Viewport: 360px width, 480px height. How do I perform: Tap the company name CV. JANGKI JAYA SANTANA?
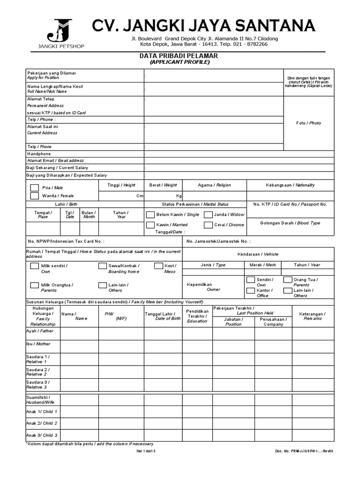pos(203,25)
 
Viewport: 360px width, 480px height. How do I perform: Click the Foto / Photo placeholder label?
pos(309,123)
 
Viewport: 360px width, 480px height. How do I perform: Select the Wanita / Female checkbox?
pos(35,196)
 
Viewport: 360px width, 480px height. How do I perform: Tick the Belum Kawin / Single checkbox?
pos(150,215)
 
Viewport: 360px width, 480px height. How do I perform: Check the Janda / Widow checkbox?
pos(208,215)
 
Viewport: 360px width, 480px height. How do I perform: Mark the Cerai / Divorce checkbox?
pos(208,225)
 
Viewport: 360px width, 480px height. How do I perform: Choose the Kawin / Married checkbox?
pos(150,225)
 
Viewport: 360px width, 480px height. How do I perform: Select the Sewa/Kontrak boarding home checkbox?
pos(102,266)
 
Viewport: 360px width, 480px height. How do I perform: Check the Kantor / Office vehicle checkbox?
pos(251,291)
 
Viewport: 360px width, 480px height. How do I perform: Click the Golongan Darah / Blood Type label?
pos(290,223)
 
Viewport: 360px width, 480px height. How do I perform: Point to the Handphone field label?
pos(39,154)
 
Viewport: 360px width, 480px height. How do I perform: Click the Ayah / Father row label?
pos(40,331)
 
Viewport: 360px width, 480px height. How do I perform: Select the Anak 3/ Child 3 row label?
pos(42,435)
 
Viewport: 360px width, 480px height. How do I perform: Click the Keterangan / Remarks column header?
pos(312,316)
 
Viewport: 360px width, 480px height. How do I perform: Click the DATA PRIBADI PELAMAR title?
pos(179,56)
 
